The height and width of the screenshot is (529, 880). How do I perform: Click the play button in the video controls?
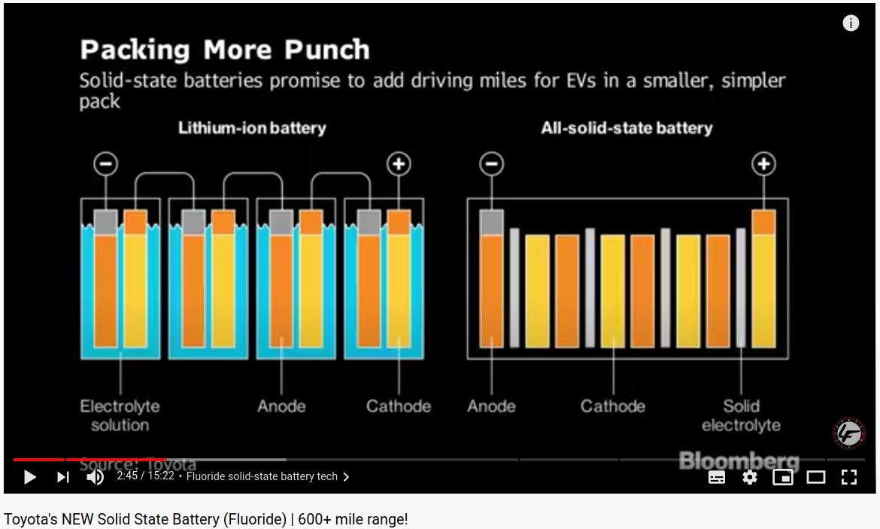(x=29, y=477)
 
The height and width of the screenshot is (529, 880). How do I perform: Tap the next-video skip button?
(x=62, y=477)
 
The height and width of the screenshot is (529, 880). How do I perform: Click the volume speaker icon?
(x=96, y=477)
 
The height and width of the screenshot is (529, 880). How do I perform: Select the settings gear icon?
(x=750, y=477)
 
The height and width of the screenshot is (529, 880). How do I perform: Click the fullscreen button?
(x=849, y=477)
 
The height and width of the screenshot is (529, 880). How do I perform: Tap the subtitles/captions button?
(x=717, y=477)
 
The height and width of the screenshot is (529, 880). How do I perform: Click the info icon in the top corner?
(x=851, y=23)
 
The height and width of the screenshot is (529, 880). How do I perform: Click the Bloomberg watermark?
(x=739, y=461)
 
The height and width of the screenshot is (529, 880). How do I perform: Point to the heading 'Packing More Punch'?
(x=225, y=50)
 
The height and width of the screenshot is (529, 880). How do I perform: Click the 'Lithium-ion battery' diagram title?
(x=252, y=128)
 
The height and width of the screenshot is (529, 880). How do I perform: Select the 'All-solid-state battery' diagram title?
(x=627, y=128)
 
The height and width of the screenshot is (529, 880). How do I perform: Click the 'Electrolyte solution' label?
(x=120, y=415)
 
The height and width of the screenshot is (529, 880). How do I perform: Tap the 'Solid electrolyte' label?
(x=741, y=415)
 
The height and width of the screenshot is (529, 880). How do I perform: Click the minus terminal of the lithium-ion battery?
(x=106, y=164)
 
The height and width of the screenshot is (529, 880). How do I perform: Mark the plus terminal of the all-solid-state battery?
(x=764, y=164)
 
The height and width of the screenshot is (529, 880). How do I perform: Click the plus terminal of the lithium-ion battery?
(x=399, y=164)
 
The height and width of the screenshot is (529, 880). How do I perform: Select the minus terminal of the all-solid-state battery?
(x=492, y=164)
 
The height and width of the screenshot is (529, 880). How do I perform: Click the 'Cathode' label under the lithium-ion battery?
(x=399, y=406)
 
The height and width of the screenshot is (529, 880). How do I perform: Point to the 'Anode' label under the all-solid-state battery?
(x=492, y=406)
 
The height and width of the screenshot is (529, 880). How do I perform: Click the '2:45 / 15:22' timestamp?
(x=145, y=476)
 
